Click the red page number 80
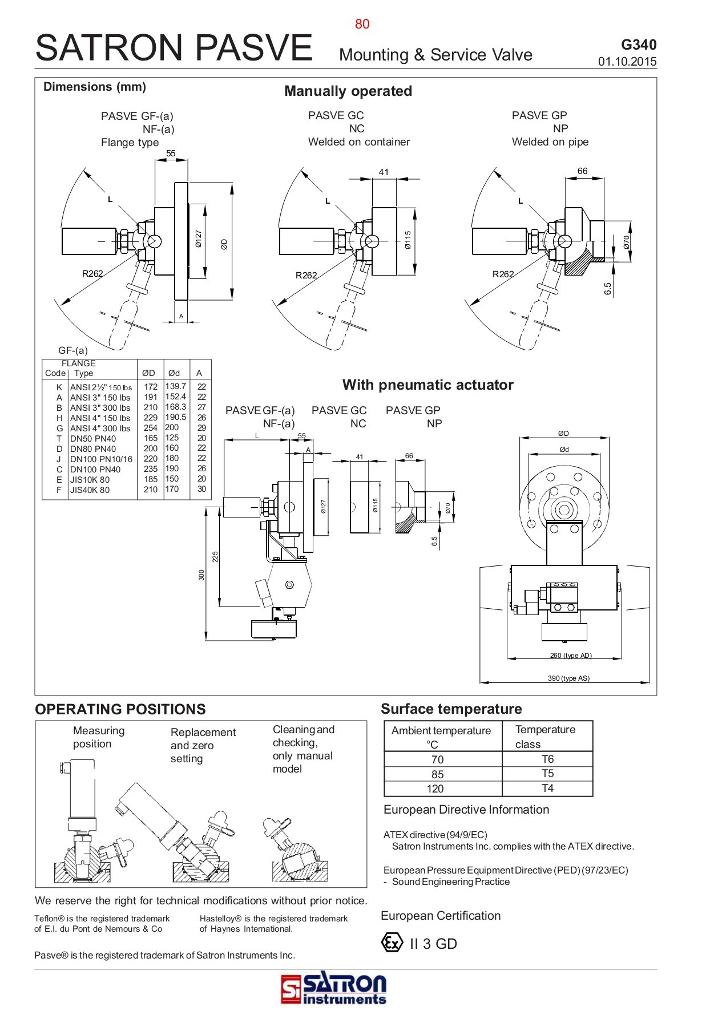tap(362, 24)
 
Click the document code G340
tap(638, 45)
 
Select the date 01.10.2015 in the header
tap(627, 62)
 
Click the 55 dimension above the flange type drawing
tap(171, 153)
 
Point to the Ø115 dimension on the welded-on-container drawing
tap(408, 240)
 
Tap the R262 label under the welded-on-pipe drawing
tap(503, 274)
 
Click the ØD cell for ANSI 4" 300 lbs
tap(150, 428)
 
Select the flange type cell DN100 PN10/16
tap(101, 459)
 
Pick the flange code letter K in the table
tap(59, 387)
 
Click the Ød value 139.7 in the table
tap(175, 386)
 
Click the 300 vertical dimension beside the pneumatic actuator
tap(201, 575)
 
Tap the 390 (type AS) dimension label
tap(568, 678)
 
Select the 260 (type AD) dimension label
tap(570, 655)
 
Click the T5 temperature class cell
tap(547, 774)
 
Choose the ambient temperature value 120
tap(435, 789)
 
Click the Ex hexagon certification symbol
tap(392, 943)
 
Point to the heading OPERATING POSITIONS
tap(120, 709)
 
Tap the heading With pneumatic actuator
tap(427, 385)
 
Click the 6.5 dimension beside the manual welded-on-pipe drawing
tap(608, 289)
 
